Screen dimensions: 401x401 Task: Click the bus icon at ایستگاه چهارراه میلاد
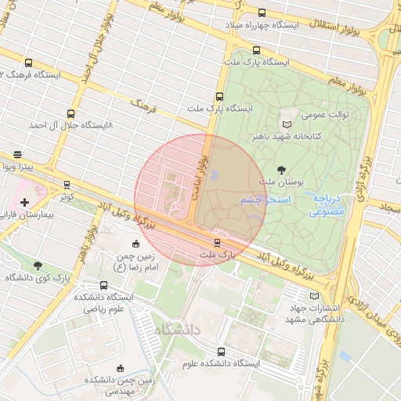261,13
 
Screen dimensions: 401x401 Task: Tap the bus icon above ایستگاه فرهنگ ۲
29,63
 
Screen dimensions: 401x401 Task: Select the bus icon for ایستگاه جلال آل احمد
71,114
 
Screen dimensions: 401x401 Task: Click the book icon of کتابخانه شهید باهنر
286,125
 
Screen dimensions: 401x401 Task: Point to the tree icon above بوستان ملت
281,169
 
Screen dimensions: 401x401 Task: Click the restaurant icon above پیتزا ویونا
17,154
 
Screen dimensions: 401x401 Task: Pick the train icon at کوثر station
67,186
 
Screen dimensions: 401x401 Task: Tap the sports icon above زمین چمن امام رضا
126,244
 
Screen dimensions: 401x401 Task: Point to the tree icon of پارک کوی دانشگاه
38,266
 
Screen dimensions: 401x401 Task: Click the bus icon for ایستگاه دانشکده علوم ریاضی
104,285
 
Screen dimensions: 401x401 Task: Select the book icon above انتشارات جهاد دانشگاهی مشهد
315,296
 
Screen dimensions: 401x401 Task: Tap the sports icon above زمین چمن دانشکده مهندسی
119,367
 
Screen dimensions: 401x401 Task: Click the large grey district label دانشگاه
179,330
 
